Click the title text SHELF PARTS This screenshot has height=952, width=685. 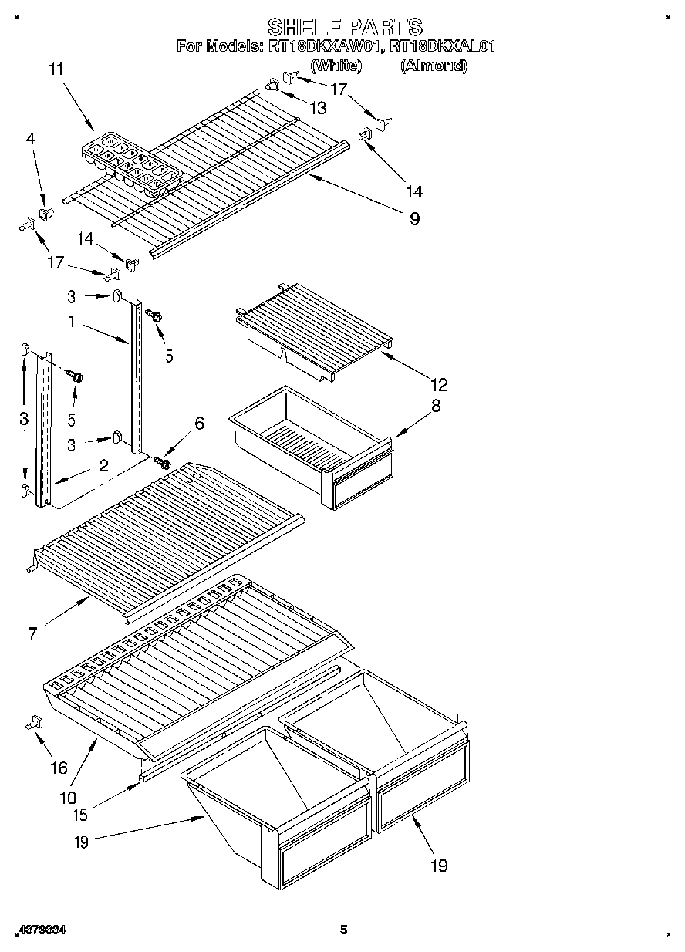click(x=345, y=28)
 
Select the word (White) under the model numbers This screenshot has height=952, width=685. click(x=336, y=66)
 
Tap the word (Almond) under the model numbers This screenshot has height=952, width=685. click(x=434, y=66)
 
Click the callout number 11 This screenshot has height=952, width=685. click(x=56, y=69)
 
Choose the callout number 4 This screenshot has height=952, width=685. click(x=30, y=140)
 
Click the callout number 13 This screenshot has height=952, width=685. click(x=317, y=108)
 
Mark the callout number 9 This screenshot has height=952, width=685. click(x=414, y=219)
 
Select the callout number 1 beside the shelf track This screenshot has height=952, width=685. click(x=71, y=322)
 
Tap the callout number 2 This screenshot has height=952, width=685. click(x=103, y=465)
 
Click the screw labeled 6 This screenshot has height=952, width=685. click(x=163, y=462)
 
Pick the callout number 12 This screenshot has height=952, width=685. click(x=439, y=384)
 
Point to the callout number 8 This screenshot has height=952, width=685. click(x=436, y=406)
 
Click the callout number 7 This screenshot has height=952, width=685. click(x=32, y=633)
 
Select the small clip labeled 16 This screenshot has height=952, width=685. click(x=34, y=722)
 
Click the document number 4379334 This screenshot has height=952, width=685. click(x=40, y=930)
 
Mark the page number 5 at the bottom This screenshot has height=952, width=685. click(x=344, y=930)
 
